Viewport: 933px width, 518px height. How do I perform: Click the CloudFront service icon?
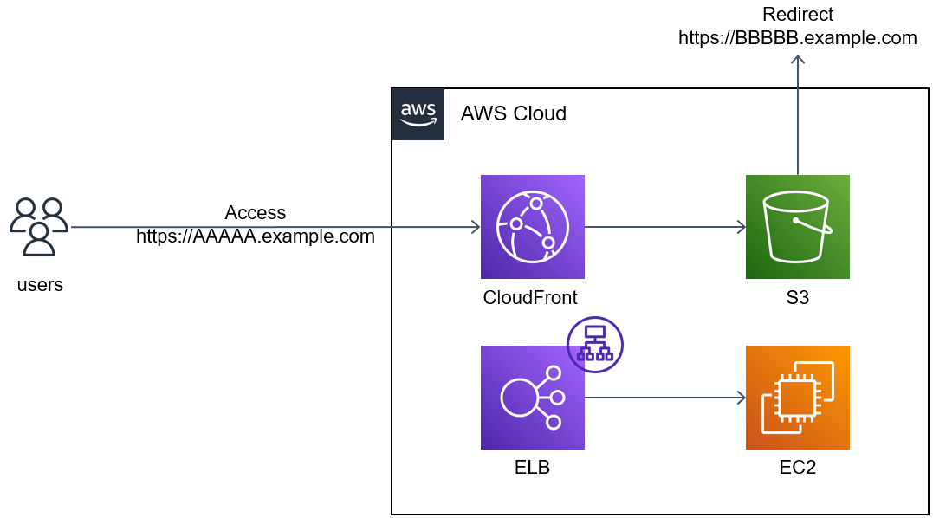[x=532, y=227]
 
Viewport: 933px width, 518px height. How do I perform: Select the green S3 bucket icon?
[x=797, y=227]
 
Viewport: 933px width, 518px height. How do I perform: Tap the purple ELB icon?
[x=532, y=398]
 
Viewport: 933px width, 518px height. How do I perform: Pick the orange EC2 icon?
[x=797, y=398]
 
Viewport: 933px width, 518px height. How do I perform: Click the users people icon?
[x=39, y=227]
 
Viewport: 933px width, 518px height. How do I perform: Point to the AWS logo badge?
[x=418, y=114]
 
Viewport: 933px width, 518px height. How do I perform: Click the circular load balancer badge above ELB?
[x=595, y=344]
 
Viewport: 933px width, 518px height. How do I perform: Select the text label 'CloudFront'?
[x=530, y=297]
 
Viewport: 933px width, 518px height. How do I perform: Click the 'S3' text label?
[x=797, y=297]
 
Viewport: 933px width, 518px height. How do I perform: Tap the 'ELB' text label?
[x=532, y=468]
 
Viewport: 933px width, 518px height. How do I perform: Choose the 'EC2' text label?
[x=797, y=468]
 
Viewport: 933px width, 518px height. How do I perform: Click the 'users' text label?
[x=40, y=284]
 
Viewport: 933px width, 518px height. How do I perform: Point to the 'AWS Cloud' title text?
[x=514, y=113]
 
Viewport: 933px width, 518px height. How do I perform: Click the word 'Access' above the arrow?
[x=256, y=212]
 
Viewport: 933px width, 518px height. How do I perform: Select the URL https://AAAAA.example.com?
[x=256, y=236]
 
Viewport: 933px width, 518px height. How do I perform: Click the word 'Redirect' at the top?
[x=797, y=14]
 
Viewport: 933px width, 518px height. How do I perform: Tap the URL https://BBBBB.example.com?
[x=797, y=37]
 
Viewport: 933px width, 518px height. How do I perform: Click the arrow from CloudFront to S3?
[x=664, y=227]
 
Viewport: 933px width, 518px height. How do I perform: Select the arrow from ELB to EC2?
[x=664, y=398]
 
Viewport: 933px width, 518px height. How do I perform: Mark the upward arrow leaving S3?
[x=797, y=113]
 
